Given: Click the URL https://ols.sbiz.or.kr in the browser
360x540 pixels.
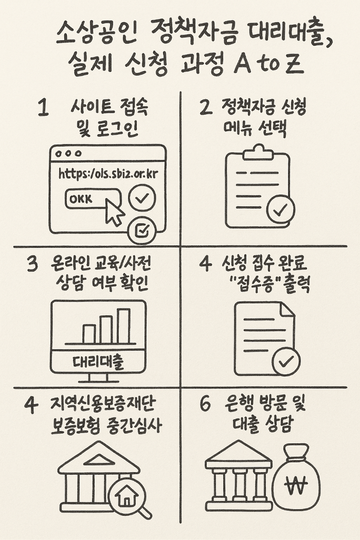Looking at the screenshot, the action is click(x=107, y=174).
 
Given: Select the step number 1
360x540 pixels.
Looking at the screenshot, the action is click(x=43, y=109).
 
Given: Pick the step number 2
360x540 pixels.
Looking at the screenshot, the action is click(x=205, y=107).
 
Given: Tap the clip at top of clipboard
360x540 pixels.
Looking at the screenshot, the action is click(x=258, y=153).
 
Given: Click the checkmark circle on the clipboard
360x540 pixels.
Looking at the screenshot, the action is click(x=280, y=210).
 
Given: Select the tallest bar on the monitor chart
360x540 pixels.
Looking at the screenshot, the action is click(x=123, y=326).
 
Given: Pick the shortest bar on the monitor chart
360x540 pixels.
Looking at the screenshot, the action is click(x=89, y=334).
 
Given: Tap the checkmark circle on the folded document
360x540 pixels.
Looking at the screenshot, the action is click(x=286, y=361).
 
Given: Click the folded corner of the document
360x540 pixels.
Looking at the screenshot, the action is click(x=287, y=309).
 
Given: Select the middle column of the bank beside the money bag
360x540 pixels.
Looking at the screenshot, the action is click(x=239, y=484).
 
